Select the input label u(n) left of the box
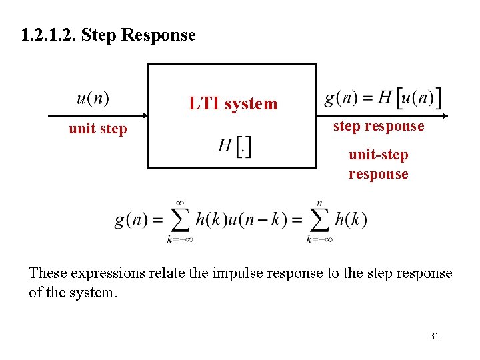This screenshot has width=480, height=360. tap(93, 99)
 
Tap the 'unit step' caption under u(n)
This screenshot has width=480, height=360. tap(97, 129)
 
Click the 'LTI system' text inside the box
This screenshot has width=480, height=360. tap(233, 103)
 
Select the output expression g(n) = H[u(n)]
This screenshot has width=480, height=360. tap(383, 99)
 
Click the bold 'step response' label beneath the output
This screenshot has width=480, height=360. tap(379, 126)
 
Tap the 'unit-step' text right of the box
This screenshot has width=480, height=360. tap(378, 155)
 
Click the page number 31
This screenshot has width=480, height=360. tap(434, 336)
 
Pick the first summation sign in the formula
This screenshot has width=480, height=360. tap(179, 219)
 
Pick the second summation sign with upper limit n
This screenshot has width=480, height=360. tap(319, 219)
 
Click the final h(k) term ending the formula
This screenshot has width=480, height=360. tap(351, 219)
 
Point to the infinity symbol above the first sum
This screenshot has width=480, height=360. tap(179, 203)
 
